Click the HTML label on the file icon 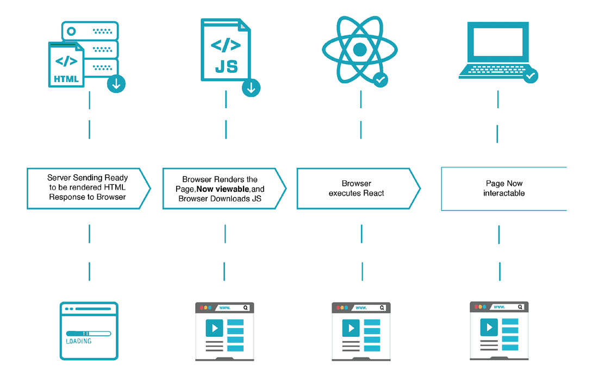[66, 79]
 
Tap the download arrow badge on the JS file [251, 87]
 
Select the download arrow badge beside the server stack [116, 84]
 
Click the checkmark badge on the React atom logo [381, 80]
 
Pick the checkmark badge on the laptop [530, 76]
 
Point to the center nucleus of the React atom [360, 50]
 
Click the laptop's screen [498, 43]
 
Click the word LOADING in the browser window [79, 341]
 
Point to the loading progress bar [88, 333]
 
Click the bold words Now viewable [222, 189]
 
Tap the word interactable [504, 193]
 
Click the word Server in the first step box [59, 178]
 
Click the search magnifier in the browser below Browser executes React [382, 307]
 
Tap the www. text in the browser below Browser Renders [224, 307]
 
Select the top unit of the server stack [90, 29]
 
